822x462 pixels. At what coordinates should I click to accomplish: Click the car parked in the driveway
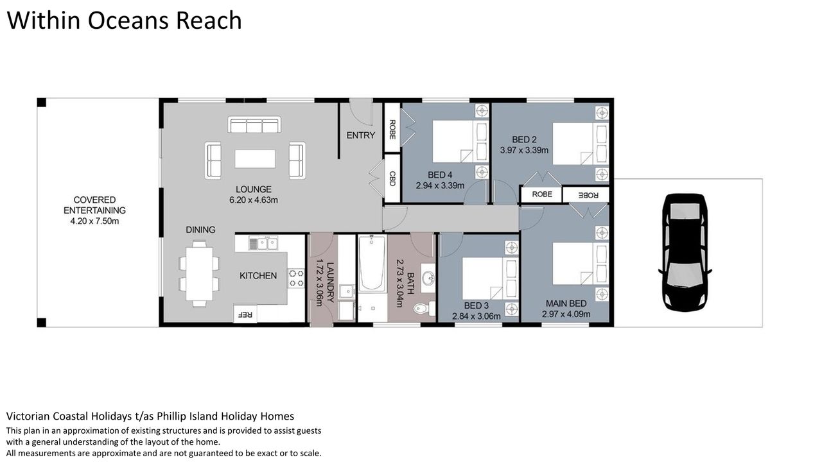click(x=685, y=252)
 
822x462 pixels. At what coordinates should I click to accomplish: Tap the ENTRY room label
click(x=361, y=135)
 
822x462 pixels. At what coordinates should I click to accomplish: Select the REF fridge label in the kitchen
click(x=245, y=314)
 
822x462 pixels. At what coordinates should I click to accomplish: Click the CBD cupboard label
click(x=392, y=178)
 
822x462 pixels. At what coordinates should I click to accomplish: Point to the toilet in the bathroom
click(x=424, y=308)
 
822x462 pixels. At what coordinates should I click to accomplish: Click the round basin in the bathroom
click(x=428, y=278)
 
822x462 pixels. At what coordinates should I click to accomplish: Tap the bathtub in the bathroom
click(x=372, y=264)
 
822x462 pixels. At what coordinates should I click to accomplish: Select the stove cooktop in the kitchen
click(x=296, y=278)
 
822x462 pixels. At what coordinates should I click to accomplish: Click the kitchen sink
click(x=263, y=243)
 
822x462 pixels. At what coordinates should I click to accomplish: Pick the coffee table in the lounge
click(x=255, y=158)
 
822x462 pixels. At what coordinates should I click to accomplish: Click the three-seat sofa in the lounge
click(x=254, y=124)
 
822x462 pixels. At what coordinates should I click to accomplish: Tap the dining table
click(x=199, y=273)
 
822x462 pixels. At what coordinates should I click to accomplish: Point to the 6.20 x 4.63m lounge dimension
click(x=254, y=200)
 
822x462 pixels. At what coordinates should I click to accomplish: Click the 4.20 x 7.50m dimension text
click(x=94, y=221)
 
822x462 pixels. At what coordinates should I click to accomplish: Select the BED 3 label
click(x=477, y=305)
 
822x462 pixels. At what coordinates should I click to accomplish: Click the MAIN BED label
click(x=566, y=304)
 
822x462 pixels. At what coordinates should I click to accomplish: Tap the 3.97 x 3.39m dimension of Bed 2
click(x=524, y=150)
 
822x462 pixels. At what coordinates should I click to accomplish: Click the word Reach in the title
click(x=209, y=21)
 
